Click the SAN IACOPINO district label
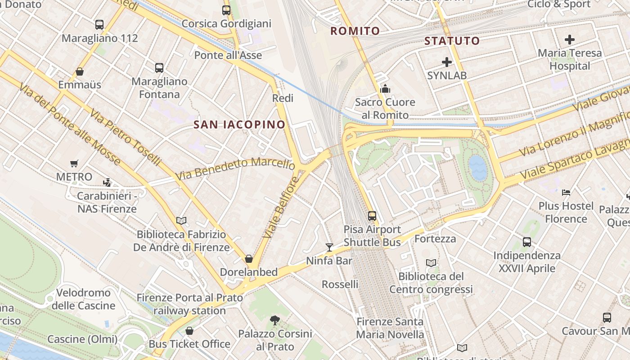click(x=239, y=125)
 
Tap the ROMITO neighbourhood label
click(x=355, y=31)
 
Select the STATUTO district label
click(x=452, y=41)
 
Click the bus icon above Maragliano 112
click(x=99, y=25)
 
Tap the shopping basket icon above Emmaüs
click(x=80, y=72)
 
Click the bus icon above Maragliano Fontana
click(x=159, y=68)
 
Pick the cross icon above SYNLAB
click(x=446, y=62)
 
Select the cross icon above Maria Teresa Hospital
click(x=570, y=40)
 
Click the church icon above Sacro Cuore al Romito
click(x=385, y=89)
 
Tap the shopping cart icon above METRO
click(x=74, y=163)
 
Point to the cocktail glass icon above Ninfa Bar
click(x=329, y=247)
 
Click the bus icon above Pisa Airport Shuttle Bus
click(x=372, y=216)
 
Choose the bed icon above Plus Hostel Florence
click(x=566, y=193)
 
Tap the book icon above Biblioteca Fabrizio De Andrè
click(x=181, y=220)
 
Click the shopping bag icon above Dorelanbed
click(x=248, y=259)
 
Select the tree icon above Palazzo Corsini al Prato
click(x=274, y=320)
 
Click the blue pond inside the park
click(x=477, y=168)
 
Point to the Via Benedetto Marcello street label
click(x=235, y=168)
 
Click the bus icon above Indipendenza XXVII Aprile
click(x=527, y=242)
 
